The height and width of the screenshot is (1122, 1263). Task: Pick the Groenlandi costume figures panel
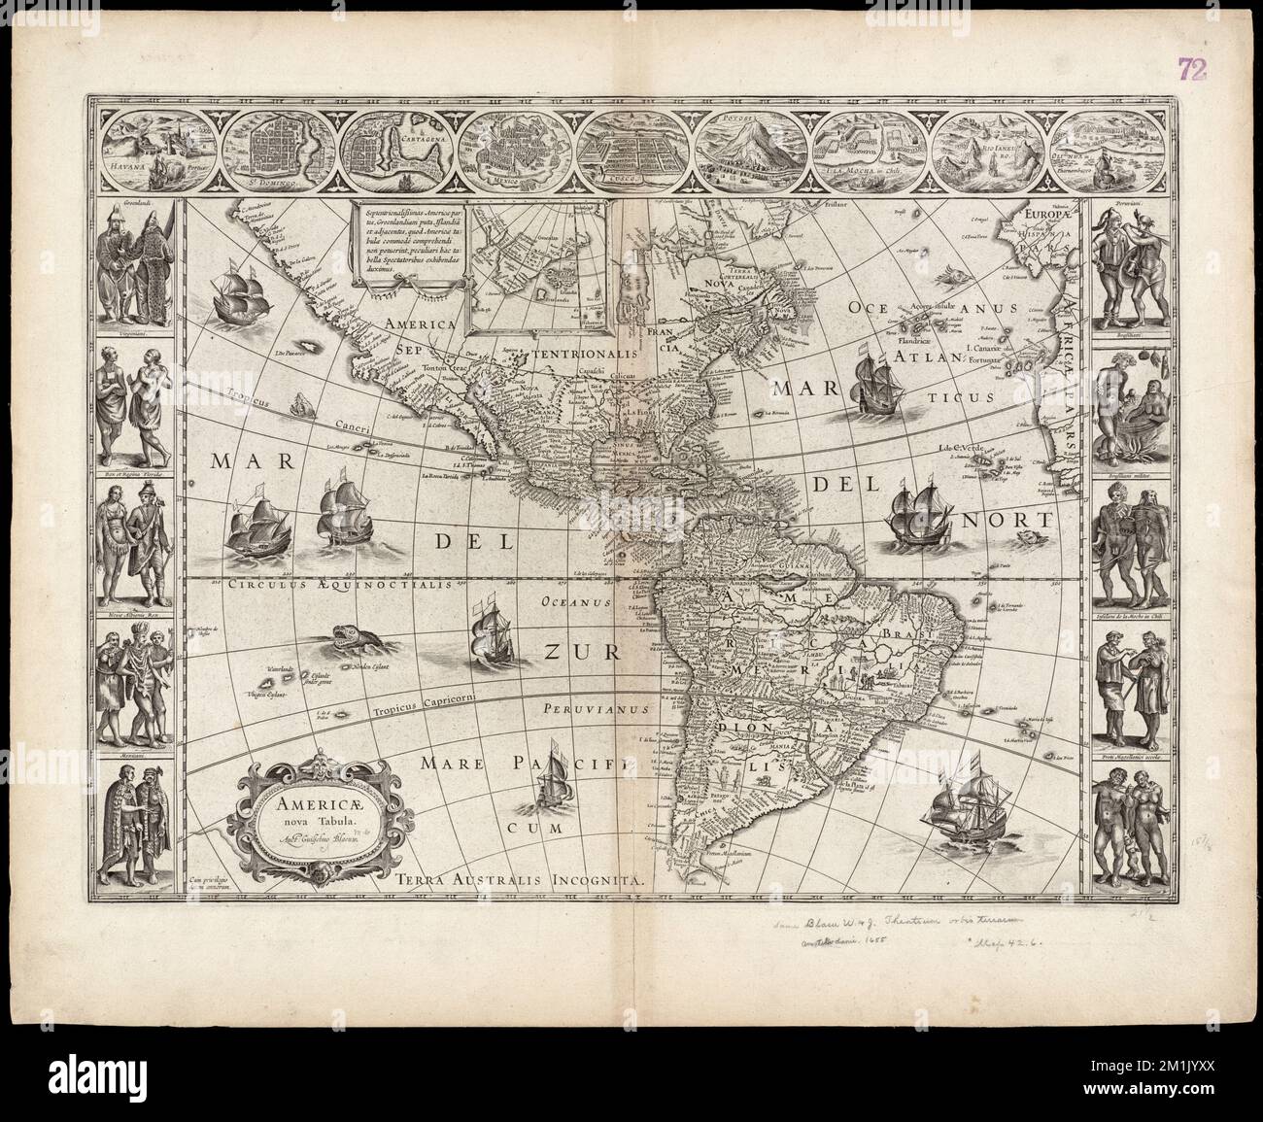click(x=140, y=260)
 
